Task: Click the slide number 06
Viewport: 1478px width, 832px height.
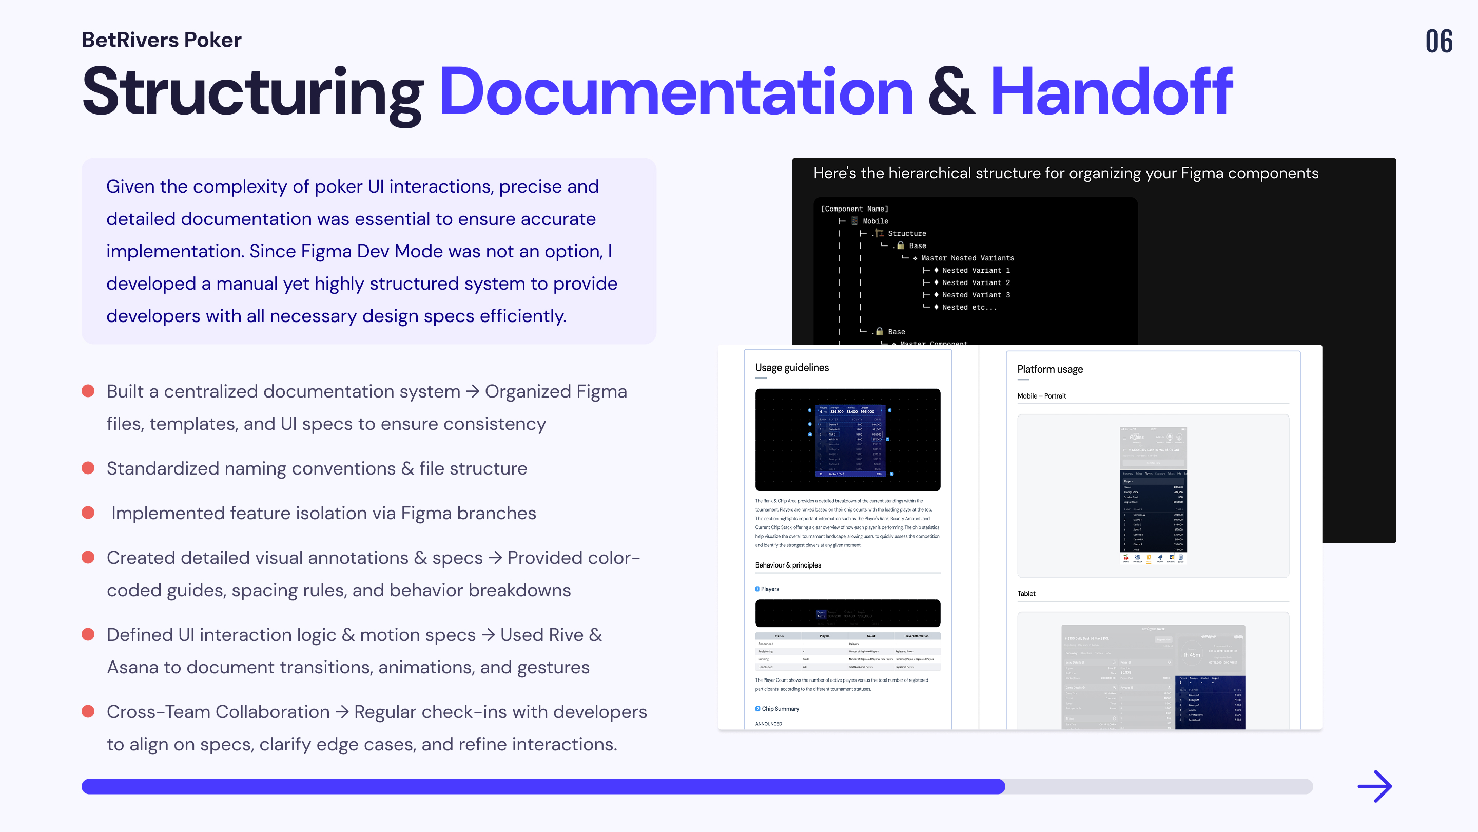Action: [1438, 41]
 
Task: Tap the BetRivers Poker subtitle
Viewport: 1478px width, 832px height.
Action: [161, 40]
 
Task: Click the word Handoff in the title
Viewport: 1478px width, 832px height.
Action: [1112, 92]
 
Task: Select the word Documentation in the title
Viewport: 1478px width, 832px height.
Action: [676, 92]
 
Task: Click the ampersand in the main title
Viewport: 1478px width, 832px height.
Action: [951, 92]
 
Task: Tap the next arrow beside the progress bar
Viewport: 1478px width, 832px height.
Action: [1374, 786]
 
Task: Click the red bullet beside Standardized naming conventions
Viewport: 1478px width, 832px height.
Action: [88, 468]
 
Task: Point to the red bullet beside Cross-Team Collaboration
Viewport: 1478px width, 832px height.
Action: [88, 711]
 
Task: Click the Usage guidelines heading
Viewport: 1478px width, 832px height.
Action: [792, 368]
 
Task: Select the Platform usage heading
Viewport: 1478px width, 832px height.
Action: [1049, 369]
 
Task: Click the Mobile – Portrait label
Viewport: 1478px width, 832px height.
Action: [1041, 395]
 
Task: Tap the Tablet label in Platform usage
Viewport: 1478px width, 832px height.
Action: [1026, 593]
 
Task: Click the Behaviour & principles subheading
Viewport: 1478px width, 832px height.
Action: [788, 565]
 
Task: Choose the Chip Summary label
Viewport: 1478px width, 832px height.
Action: [780, 709]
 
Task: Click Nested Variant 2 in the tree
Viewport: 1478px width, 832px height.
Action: [976, 282]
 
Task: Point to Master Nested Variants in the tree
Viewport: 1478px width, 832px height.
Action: [967, 258]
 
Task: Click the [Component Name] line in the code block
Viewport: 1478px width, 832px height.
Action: [854, 209]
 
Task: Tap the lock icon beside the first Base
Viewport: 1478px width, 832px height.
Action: [900, 245]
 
